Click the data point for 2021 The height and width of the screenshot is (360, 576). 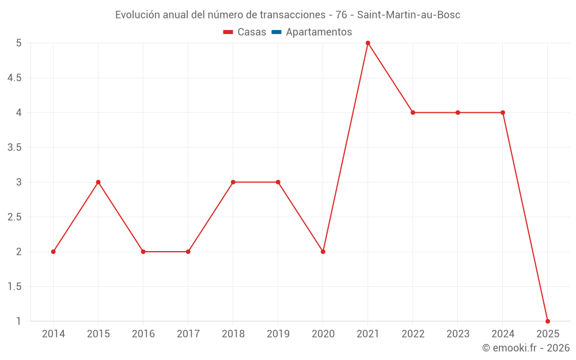368,43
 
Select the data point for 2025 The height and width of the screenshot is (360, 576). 548,321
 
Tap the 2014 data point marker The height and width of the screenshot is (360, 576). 54,252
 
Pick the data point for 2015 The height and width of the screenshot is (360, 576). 98,182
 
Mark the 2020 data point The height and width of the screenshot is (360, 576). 323,252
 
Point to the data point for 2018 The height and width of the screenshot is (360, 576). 233,182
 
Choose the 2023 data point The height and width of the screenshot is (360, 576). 458,112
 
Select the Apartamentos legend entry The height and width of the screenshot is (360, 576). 319,32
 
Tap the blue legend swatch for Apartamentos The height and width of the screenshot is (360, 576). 276,32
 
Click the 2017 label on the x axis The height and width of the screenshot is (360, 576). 188,334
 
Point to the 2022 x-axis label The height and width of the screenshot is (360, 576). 413,334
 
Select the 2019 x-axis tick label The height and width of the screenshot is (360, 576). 278,334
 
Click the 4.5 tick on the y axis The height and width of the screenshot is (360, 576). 14,78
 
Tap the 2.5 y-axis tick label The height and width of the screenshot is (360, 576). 14,217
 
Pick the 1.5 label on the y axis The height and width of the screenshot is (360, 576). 14,287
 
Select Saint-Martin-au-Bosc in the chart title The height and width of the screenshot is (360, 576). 409,15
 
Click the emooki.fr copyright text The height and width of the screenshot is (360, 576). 526,348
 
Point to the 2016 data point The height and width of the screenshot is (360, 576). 143,252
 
